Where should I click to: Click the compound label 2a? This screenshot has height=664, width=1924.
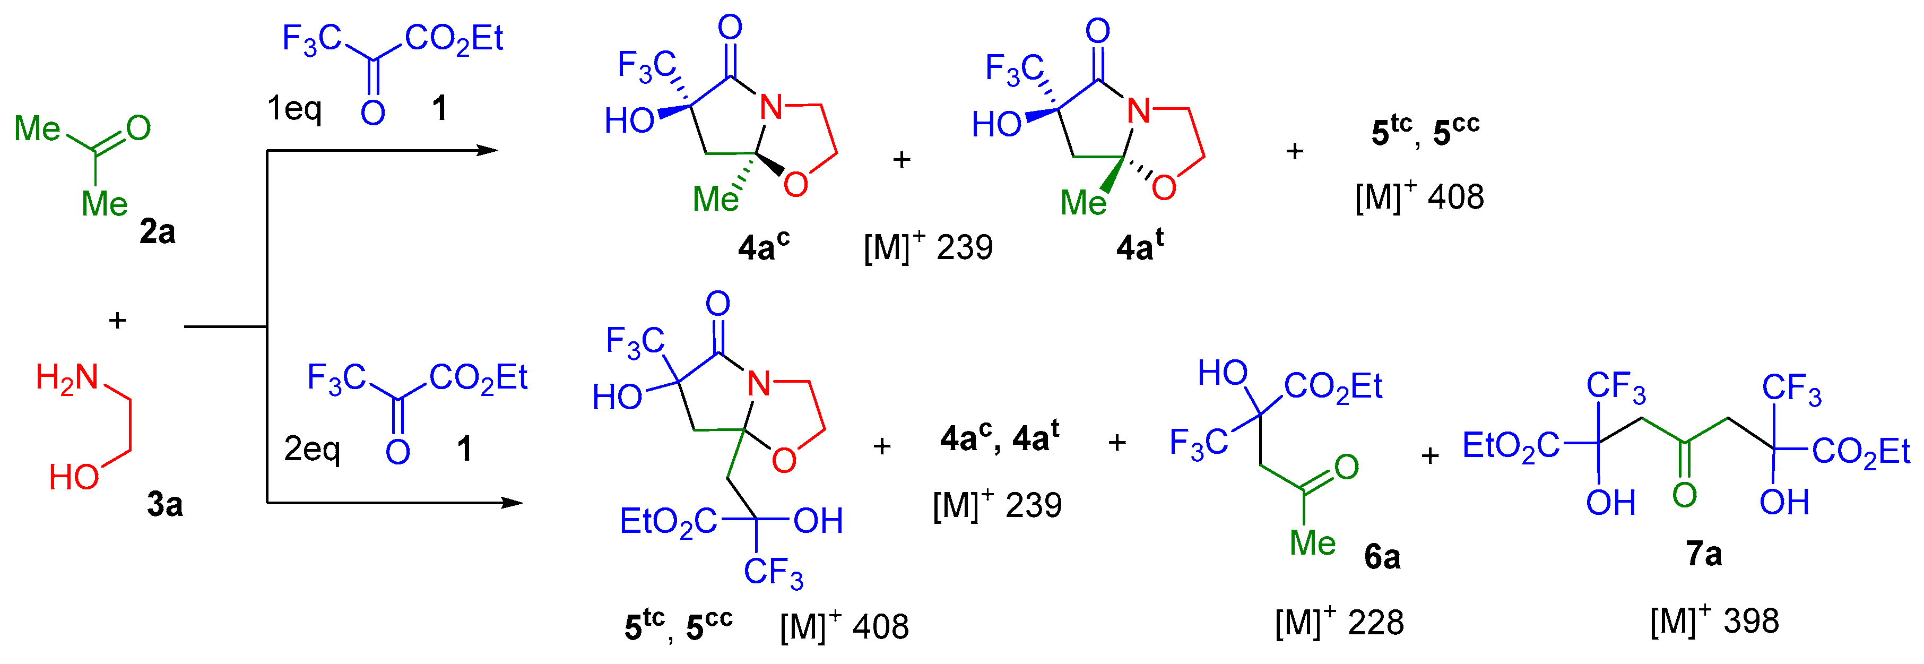click(x=157, y=232)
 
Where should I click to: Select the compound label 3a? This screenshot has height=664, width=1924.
click(x=164, y=505)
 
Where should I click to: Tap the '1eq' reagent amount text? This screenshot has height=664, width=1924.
click(x=294, y=109)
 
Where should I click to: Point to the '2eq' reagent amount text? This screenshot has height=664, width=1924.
click(x=311, y=449)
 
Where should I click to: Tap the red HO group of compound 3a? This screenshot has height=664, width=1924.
click(x=74, y=477)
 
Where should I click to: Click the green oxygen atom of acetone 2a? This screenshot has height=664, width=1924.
click(x=138, y=128)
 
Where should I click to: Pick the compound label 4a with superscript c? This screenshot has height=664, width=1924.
click(x=762, y=246)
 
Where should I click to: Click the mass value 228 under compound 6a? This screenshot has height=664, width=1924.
click(x=1376, y=622)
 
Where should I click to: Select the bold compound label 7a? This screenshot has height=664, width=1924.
click(x=1704, y=554)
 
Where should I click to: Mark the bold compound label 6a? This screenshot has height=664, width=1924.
click(x=1382, y=557)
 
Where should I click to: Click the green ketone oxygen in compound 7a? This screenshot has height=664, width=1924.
click(x=1684, y=495)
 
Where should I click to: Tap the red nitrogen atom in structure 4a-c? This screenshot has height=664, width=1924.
click(x=771, y=108)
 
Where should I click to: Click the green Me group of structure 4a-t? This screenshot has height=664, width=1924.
click(x=1083, y=202)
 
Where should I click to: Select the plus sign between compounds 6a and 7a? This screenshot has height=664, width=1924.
click(x=1429, y=455)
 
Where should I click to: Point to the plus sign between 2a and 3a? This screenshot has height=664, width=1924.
click(x=117, y=321)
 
